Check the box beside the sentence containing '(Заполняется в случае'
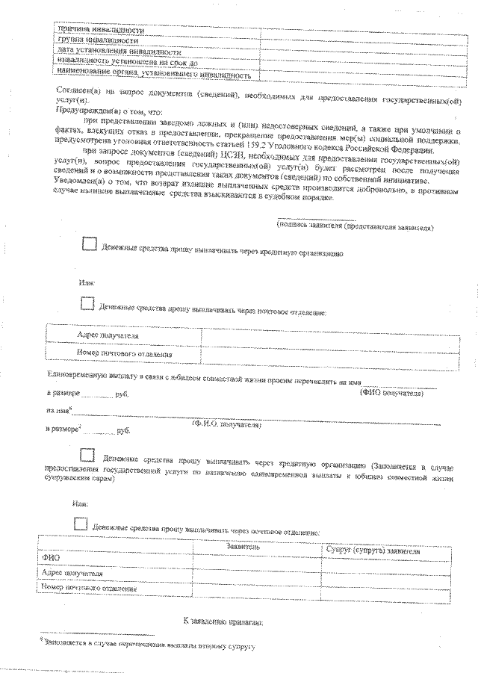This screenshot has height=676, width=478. [x=87, y=455]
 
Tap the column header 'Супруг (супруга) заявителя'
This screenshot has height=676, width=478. [x=373, y=550]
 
